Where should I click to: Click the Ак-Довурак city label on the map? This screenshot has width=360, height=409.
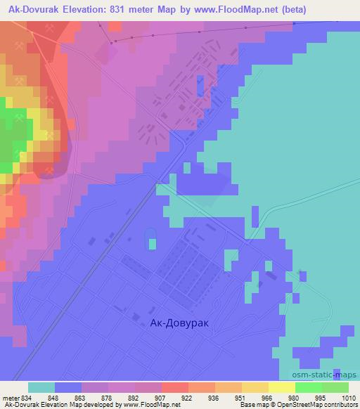click(180, 323)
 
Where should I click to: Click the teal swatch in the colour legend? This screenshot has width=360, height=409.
click(41, 387)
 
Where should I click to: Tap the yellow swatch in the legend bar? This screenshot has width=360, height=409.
click(281, 387)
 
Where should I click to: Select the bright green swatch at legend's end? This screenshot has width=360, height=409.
click(335, 387)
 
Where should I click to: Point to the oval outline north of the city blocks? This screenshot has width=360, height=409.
click(150, 239)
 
